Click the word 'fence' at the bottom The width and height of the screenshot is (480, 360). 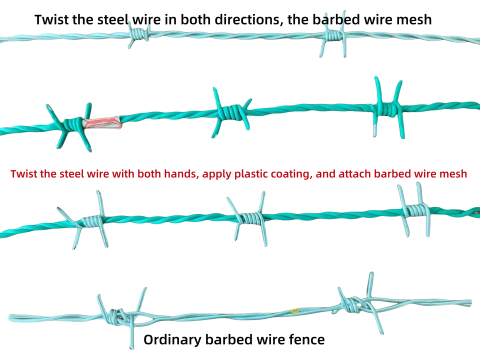(x=305, y=340)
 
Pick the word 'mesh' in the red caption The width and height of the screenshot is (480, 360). (x=452, y=174)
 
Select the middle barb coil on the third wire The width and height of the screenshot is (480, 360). (x=248, y=218)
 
